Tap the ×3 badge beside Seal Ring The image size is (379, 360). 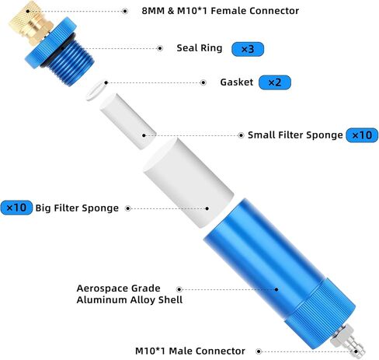pos(248,49)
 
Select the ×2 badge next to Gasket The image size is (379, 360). pos(275,82)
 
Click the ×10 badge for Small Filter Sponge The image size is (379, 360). pos(362,135)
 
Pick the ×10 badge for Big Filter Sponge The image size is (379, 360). pos(16,208)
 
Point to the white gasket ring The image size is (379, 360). pos(96,89)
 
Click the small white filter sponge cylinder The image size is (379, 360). pos(128,121)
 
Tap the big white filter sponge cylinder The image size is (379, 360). pos(189,183)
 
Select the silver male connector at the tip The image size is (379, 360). pos(348,341)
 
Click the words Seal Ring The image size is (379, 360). pos(200,48)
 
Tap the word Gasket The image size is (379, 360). pos(237,82)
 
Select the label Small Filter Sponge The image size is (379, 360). pos(295,135)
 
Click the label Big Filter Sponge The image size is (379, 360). pos(77,208)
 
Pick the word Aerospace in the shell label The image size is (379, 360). pos(103,288)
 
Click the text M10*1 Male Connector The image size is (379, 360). pos(190,351)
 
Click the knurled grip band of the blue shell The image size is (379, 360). pos(321,313)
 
